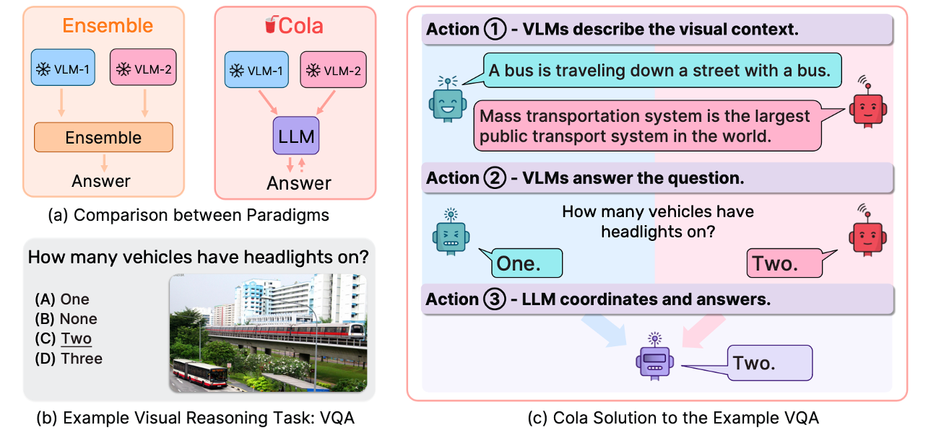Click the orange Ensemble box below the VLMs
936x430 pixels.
(103, 138)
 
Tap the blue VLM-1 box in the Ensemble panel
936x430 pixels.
(63, 69)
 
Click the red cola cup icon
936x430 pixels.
(271, 27)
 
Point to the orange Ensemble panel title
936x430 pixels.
(108, 26)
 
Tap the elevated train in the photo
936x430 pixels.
(289, 333)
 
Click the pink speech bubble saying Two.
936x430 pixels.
(783, 263)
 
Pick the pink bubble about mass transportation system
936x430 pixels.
(654, 125)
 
